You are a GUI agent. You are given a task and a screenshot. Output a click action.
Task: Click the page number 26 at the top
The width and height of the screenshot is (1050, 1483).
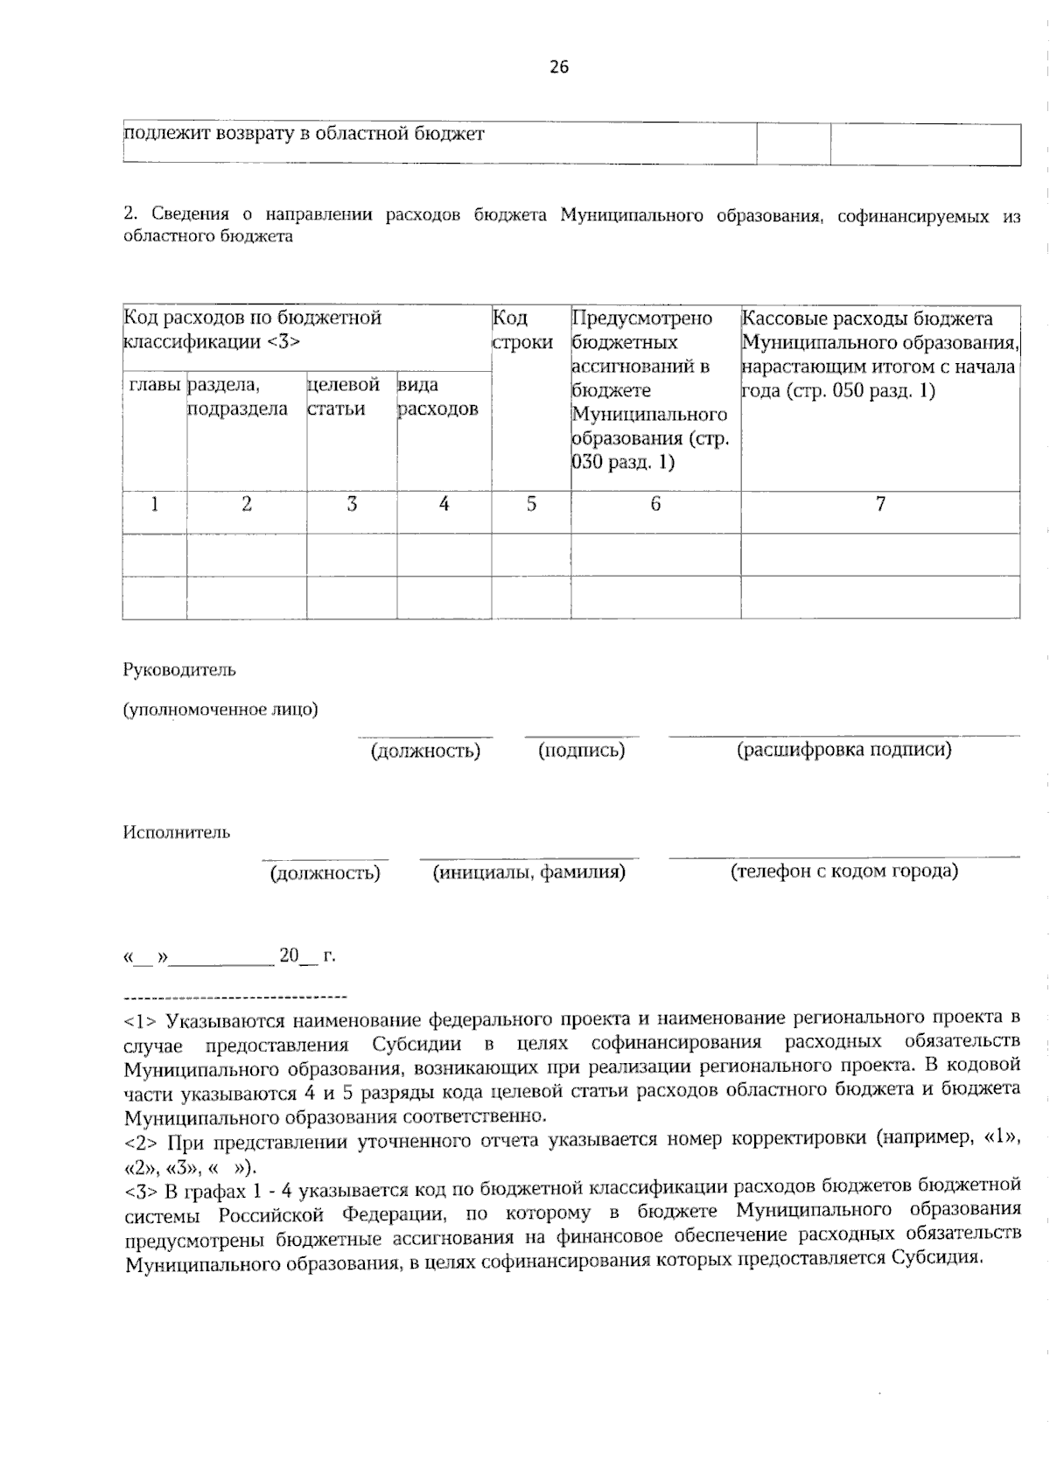point(559,67)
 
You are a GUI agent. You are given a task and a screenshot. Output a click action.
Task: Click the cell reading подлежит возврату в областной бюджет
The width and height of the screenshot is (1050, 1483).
point(304,134)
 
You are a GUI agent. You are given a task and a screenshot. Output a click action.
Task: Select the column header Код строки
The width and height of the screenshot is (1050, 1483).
point(521,330)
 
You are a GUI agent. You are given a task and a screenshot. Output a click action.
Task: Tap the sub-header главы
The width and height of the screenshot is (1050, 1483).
point(155,385)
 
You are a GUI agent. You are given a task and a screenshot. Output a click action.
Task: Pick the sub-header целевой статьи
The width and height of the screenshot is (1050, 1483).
point(343,396)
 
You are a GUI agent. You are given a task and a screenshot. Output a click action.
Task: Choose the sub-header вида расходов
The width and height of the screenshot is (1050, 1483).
point(437,396)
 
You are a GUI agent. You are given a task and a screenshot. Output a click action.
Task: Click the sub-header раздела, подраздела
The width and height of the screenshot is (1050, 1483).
point(237,396)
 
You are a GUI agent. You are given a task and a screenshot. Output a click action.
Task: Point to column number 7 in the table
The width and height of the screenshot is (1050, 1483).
point(880,504)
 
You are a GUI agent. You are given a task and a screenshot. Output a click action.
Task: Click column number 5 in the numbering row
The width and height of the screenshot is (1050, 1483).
point(531,504)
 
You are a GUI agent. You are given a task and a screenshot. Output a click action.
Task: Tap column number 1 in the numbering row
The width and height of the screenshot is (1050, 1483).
point(155,504)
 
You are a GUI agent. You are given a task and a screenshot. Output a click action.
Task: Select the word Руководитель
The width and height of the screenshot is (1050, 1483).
point(178,670)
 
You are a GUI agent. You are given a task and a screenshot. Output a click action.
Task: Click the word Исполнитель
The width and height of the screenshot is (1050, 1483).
point(176,832)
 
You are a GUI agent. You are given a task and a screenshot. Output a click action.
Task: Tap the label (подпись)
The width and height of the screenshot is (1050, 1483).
point(582,751)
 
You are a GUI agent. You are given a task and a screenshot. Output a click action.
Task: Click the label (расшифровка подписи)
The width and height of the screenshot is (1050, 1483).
point(844,750)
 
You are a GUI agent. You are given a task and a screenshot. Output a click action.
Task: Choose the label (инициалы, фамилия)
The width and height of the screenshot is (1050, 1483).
point(529,872)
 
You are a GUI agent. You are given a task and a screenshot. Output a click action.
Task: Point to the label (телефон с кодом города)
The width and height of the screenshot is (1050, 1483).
point(844,871)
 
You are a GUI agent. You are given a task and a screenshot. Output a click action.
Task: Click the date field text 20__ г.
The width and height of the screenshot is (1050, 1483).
point(307,956)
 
